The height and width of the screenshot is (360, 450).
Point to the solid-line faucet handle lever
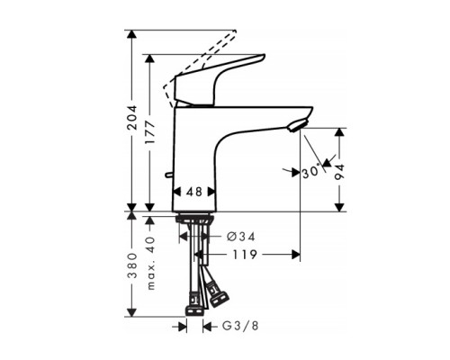(x=220, y=76)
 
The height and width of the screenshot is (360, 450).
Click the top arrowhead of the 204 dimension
(x=133, y=34)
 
